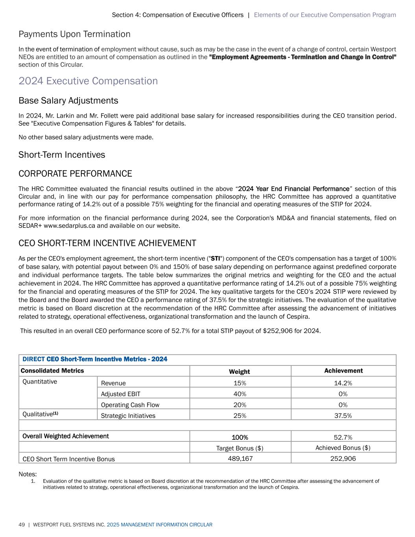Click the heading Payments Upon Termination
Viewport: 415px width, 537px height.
tap(74, 34)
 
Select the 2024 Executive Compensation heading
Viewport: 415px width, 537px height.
tap(88, 81)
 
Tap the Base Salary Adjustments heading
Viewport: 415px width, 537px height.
tap(68, 101)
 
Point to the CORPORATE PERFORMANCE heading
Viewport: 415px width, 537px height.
tap(75, 174)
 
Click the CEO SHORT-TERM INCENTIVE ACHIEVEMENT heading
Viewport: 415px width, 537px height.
tap(107, 243)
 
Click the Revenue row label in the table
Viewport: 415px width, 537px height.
tap(113, 383)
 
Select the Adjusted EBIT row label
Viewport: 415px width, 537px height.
tap(120, 394)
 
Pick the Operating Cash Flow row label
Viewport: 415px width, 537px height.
tap(130, 405)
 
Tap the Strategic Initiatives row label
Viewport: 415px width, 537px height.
tap(128, 416)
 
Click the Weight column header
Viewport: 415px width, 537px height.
tap(239, 372)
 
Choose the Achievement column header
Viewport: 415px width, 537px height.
tap(343, 371)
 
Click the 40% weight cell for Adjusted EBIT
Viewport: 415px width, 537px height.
tap(240, 394)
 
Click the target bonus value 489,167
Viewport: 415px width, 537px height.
tap(240, 458)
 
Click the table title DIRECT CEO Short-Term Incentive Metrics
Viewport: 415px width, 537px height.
tap(95, 359)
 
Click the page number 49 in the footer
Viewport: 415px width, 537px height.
tap(22, 525)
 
